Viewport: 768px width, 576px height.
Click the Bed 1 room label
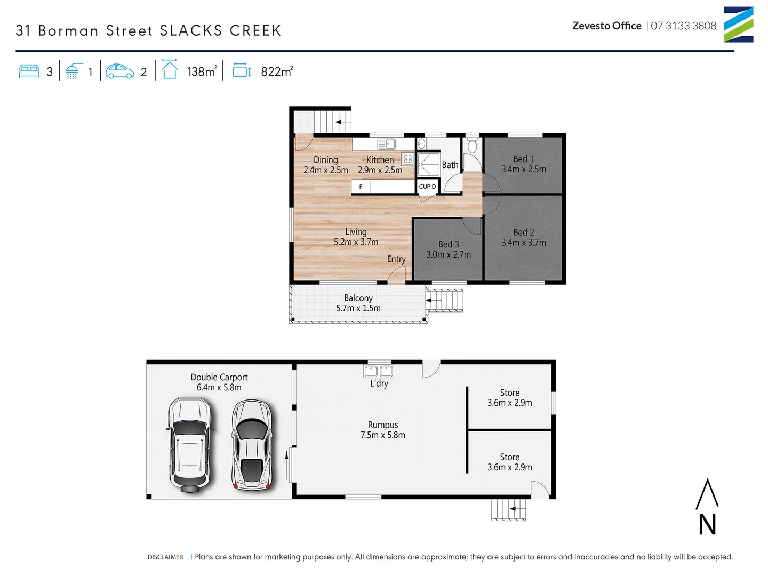coord(523,159)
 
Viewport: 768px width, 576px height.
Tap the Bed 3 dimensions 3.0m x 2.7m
coord(449,255)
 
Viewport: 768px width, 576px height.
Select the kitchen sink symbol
coord(386,144)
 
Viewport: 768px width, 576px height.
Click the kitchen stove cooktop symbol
coord(408,159)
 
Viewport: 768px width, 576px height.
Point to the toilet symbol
coord(472,146)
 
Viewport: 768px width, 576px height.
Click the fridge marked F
coord(361,187)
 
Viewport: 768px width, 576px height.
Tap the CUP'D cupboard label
coord(427,187)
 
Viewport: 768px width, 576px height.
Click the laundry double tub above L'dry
coord(379,371)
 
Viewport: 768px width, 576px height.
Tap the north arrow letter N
coord(707,524)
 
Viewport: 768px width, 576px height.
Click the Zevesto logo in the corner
coord(738,25)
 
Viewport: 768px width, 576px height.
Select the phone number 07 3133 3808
coord(683,26)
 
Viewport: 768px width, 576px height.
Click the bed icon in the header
coord(29,71)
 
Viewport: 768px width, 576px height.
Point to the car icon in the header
coord(120,71)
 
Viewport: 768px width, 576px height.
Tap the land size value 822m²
coord(277,71)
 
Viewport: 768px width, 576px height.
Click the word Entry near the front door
coord(396,259)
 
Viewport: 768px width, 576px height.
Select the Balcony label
coord(358,298)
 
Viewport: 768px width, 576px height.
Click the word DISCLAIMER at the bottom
coord(165,557)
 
